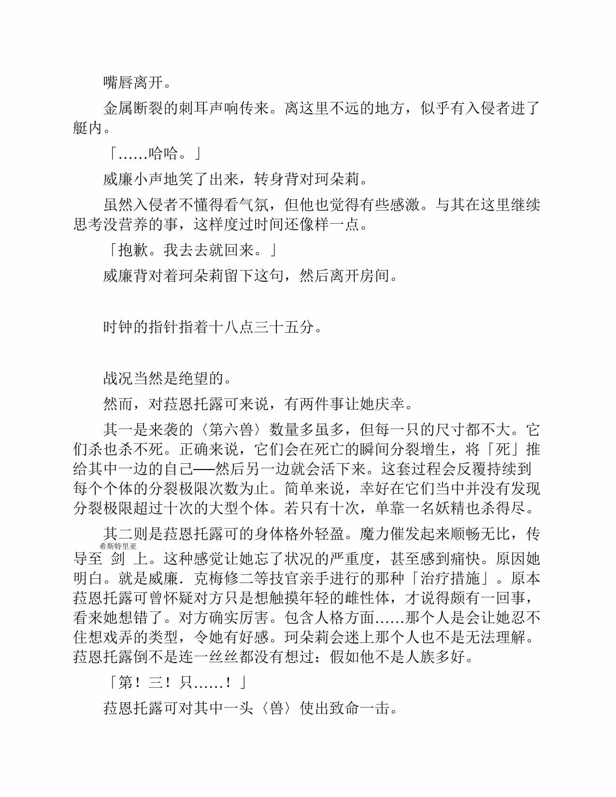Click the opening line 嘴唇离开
[133, 83]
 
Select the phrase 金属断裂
[133, 109]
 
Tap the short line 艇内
[88, 128]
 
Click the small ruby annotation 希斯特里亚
[118, 546]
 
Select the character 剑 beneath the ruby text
[118, 559]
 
